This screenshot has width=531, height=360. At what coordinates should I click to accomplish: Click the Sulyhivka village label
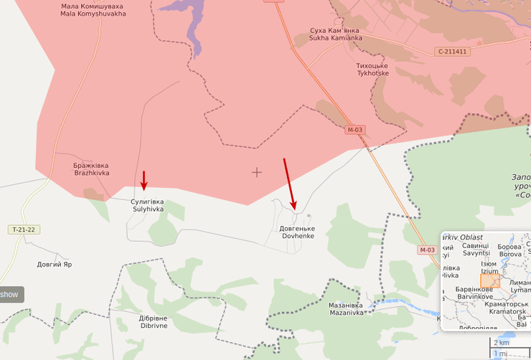click(x=148, y=205)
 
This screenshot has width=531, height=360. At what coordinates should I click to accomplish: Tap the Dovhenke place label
click(x=296, y=232)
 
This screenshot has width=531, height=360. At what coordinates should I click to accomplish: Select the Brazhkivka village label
click(x=91, y=169)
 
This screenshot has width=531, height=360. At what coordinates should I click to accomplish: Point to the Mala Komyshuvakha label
click(x=93, y=9)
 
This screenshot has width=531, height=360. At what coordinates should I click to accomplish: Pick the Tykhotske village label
click(x=372, y=70)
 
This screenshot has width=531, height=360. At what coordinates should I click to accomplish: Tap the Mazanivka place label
click(x=346, y=308)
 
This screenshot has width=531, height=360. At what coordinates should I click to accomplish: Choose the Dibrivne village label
click(x=153, y=321)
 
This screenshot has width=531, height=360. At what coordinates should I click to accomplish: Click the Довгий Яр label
click(x=55, y=265)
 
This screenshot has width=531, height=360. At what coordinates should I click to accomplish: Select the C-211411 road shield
click(x=452, y=52)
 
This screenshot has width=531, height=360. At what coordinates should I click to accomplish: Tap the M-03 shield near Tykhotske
click(x=355, y=130)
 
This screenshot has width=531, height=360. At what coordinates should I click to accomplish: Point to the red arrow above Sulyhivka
click(x=144, y=181)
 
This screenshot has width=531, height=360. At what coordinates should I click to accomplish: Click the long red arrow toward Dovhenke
click(x=289, y=183)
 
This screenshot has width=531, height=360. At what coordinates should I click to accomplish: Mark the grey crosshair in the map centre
click(x=257, y=172)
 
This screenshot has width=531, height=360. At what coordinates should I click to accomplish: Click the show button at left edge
click(x=10, y=294)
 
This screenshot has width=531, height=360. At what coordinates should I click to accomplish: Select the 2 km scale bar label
click(x=501, y=343)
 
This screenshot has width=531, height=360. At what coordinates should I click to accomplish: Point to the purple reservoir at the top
click(x=192, y=22)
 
